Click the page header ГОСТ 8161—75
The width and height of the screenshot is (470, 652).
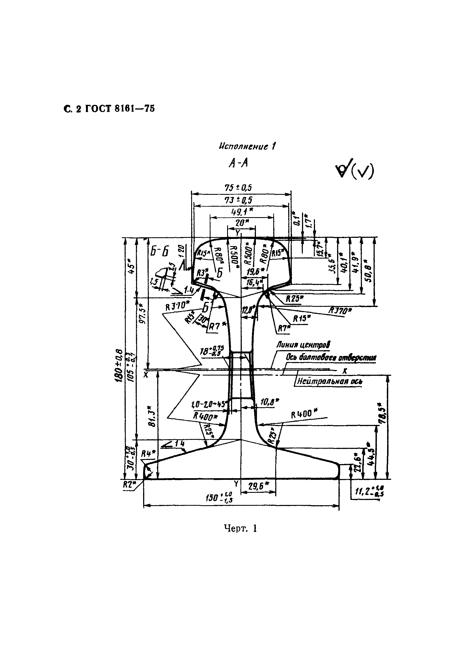click(x=109, y=109)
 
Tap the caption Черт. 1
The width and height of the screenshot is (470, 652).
click(x=240, y=536)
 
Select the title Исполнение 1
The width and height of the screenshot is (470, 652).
click(x=247, y=147)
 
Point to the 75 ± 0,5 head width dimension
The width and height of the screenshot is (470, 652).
click(x=238, y=188)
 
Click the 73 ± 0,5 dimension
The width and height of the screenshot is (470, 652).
click(x=238, y=200)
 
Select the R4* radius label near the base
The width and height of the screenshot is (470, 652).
click(x=148, y=454)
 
